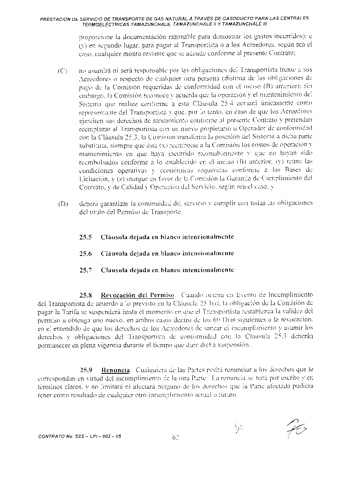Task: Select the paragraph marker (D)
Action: [x=63, y=204]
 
